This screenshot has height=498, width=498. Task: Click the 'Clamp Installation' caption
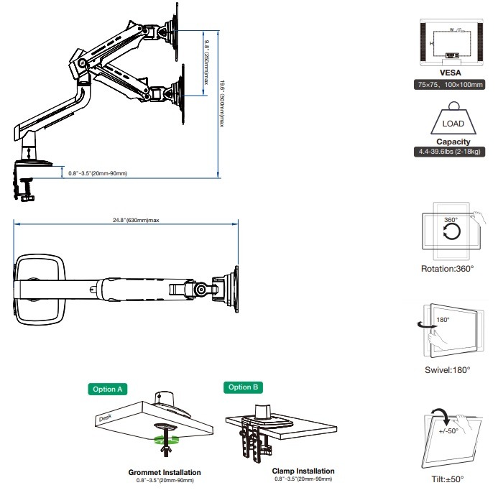pos(303,471)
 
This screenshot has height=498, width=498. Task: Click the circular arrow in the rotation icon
pos(451,232)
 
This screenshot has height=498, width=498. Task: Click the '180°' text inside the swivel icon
pos(443,320)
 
